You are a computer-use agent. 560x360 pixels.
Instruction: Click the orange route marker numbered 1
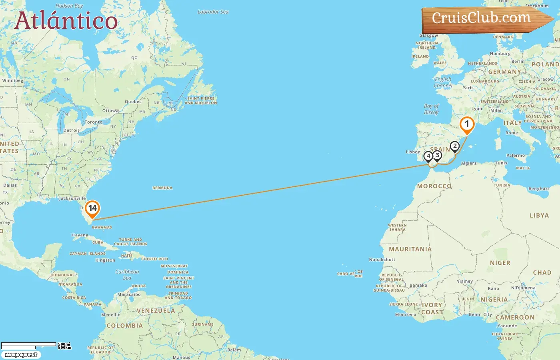click(467, 124)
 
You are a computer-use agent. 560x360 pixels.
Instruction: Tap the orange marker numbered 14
click(92, 208)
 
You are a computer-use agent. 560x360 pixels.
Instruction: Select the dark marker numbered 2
click(454, 146)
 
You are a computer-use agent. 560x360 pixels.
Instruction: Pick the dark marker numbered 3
click(437, 155)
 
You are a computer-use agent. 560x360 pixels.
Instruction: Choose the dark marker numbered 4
click(428, 156)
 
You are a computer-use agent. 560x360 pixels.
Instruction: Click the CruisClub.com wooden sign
click(484, 19)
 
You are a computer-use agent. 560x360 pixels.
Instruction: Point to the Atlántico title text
click(66, 21)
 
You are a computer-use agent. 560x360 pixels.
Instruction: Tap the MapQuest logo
click(21, 355)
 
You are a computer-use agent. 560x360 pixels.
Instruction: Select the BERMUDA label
click(162, 188)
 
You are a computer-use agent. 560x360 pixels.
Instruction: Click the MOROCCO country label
click(434, 186)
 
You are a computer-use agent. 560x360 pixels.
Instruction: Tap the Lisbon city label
click(413, 152)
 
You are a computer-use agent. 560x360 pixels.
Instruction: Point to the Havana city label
click(80, 235)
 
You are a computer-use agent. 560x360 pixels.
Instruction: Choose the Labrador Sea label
click(213, 12)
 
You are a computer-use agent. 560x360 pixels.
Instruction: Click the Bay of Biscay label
click(431, 109)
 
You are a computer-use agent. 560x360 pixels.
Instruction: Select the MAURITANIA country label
click(410, 249)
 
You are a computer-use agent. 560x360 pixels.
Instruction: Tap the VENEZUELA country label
click(156, 311)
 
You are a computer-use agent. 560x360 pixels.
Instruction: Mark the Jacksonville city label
click(72, 198)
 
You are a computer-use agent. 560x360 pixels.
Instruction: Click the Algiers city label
click(469, 163)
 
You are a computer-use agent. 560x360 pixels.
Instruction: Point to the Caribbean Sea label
click(127, 274)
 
